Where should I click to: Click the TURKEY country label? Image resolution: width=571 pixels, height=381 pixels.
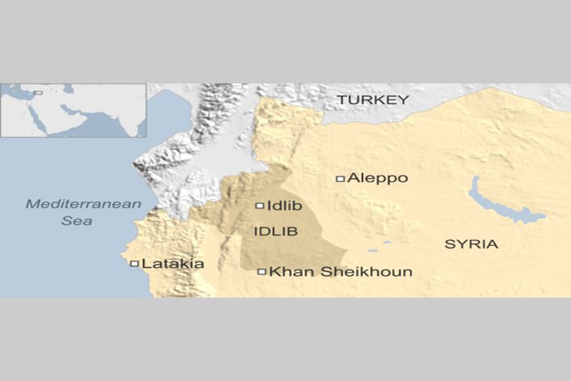(372, 100)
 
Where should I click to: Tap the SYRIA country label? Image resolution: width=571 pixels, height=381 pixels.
(471, 244)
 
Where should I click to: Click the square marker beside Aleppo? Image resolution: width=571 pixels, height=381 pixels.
(340, 179)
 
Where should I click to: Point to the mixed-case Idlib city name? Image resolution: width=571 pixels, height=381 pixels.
(285, 206)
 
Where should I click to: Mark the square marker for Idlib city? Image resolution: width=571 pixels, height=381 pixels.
(259, 206)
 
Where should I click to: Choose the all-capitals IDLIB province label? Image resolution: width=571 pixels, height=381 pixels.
(275, 231)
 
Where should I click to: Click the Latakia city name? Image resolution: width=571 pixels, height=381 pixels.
(173, 264)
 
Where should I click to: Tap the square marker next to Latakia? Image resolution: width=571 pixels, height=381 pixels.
(134, 264)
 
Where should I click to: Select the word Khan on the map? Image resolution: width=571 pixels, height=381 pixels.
(287, 272)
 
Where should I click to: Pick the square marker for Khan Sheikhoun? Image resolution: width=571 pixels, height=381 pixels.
(261, 272)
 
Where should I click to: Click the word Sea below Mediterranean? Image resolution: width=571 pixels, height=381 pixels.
(77, 221)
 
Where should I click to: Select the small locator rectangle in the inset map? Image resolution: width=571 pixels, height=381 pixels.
(38, 93)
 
